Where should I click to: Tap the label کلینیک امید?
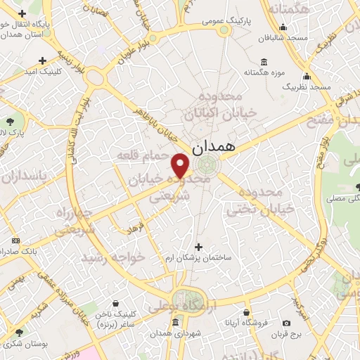43,72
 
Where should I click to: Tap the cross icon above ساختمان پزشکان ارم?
199,247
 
